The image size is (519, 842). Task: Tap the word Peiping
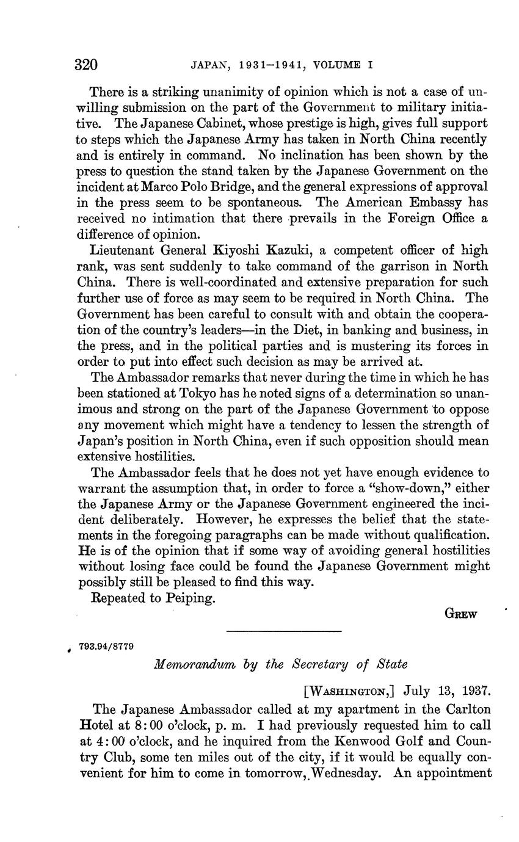click(191, 598)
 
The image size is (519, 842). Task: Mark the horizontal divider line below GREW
click(283, 631)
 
